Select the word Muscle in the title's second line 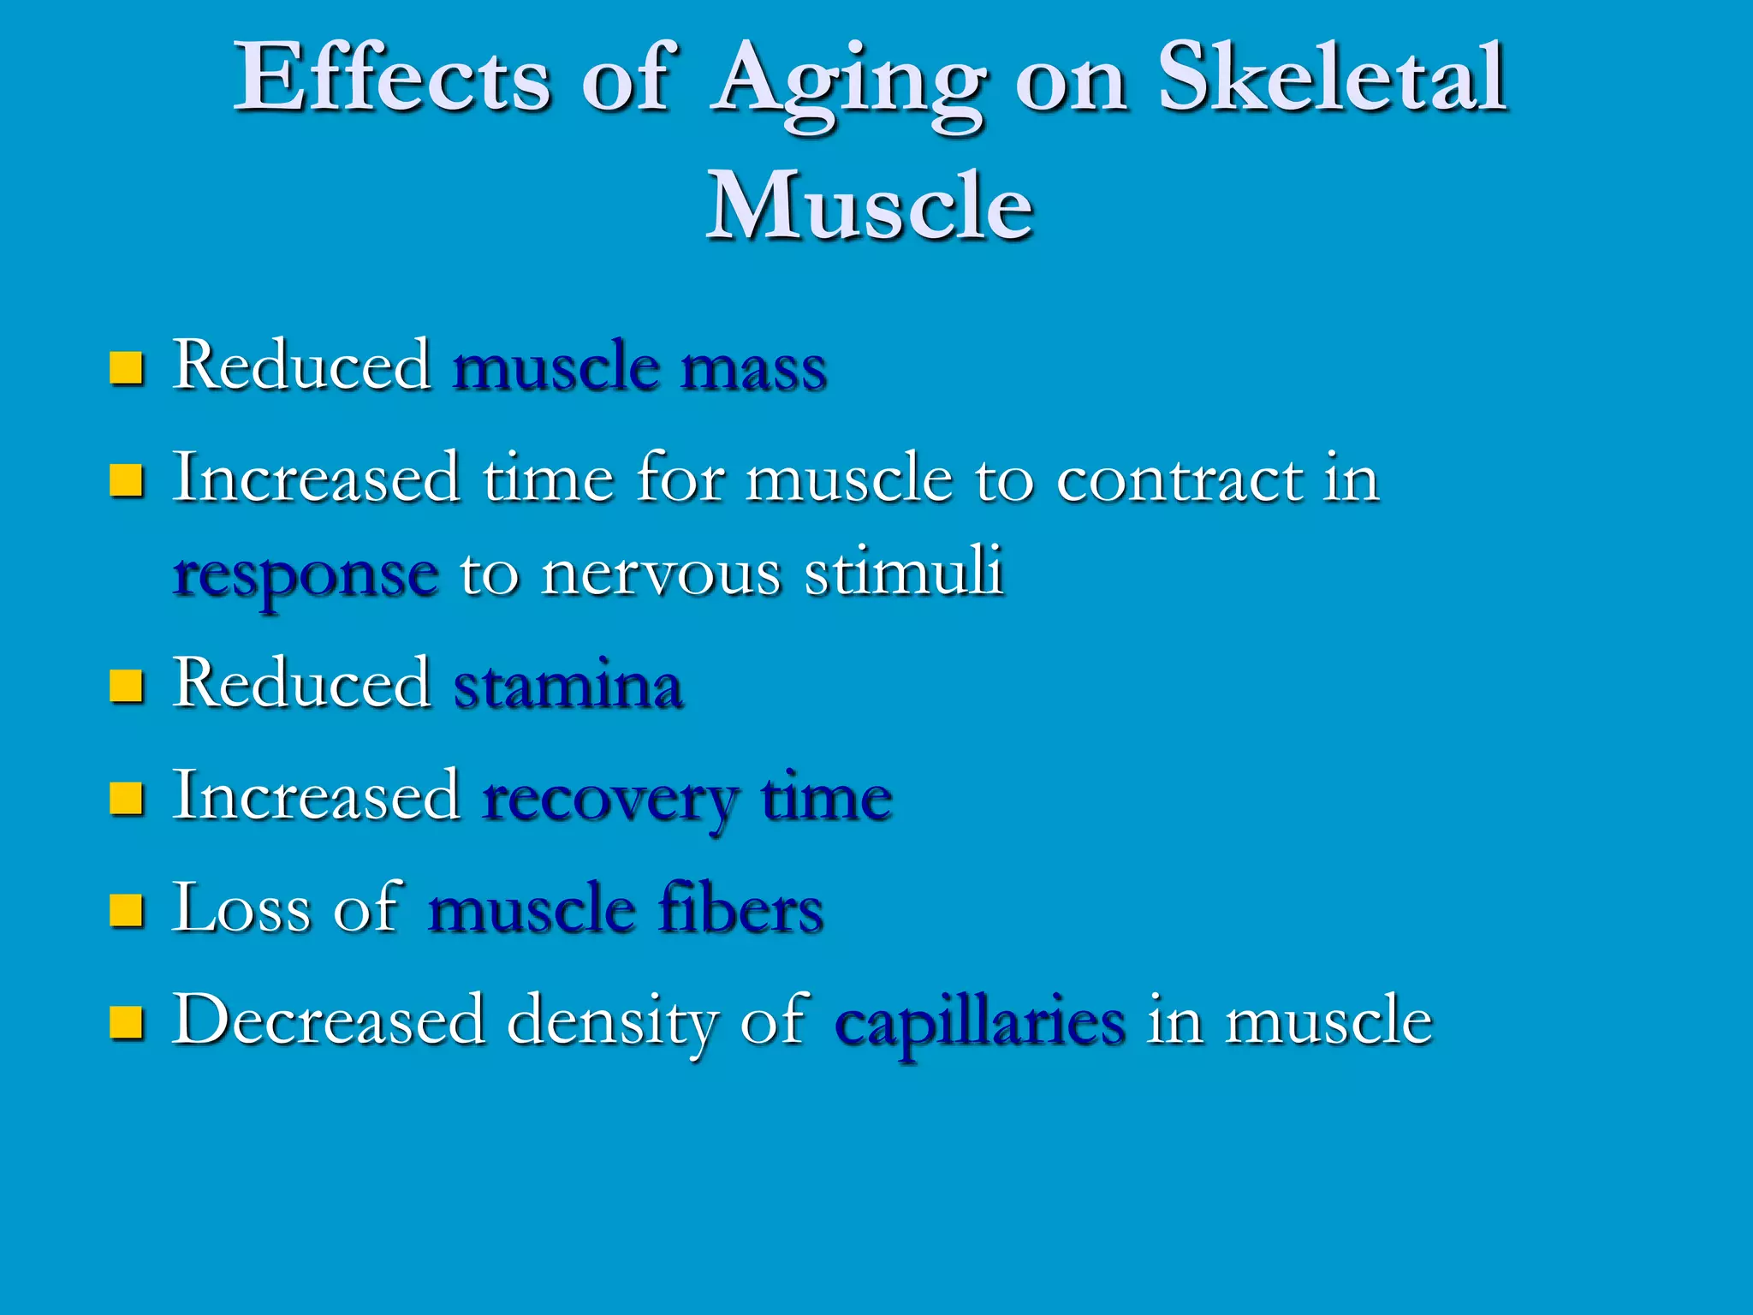(870, 206)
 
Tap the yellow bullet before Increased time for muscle (126, 480)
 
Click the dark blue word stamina (567, 686)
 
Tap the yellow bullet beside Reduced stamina (126, 686)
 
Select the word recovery (609, 800)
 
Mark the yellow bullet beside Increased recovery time (126, 798)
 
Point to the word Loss (241, 909)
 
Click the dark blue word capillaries (979, 1023)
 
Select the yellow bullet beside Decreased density (126, 1022)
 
